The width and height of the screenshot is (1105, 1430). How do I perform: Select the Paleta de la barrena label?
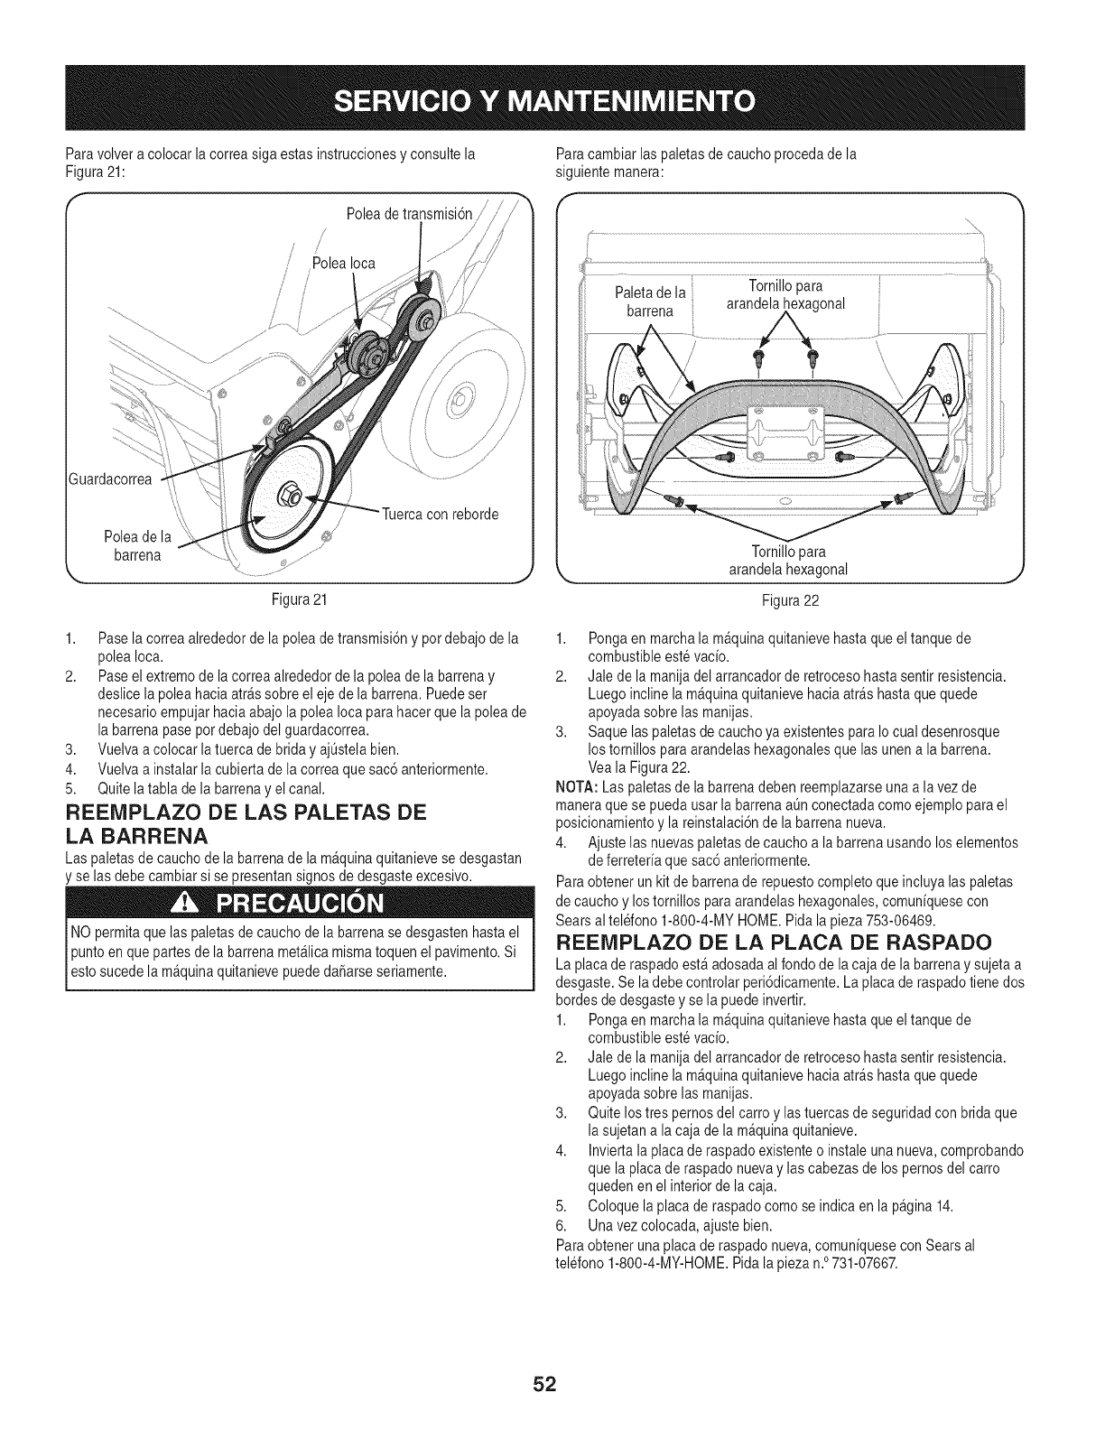click(x=650, y=301)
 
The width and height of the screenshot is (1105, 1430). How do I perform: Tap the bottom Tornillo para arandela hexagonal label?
click(x=788, y=560)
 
